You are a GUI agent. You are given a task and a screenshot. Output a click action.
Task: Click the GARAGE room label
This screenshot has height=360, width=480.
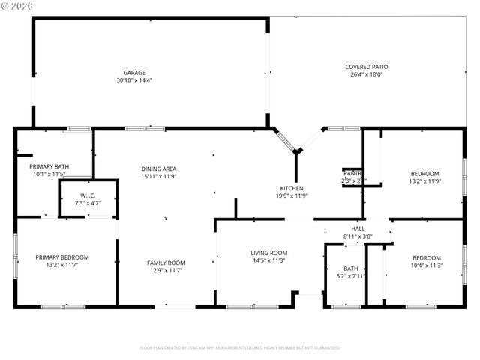[134, 73]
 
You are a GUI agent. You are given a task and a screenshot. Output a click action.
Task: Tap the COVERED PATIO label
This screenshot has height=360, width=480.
[367, 67]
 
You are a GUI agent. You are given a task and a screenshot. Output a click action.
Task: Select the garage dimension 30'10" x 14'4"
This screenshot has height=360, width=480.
[134, 80]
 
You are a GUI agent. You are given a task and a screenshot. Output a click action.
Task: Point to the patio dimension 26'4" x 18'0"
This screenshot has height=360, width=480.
[367, 74]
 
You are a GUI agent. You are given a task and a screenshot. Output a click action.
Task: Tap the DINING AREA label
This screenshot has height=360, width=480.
[159, 169]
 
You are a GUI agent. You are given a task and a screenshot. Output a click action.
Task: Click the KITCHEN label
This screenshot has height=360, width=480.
[292, 188]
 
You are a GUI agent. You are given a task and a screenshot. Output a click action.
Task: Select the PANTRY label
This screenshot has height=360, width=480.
[352, 173]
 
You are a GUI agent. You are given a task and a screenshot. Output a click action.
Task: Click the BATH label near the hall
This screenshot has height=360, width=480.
[351, 268]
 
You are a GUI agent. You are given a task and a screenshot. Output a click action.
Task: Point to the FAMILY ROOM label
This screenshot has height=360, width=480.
[166, 262]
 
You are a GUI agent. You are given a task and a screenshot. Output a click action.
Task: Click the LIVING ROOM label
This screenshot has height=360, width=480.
[269, 253]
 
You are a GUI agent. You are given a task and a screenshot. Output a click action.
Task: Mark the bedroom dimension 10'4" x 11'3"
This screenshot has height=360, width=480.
[425, 264]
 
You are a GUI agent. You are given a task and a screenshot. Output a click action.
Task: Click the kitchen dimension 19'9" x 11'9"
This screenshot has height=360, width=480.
[292, 196]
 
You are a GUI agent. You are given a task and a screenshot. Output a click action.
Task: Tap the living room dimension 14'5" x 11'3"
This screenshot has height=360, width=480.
[269, 261]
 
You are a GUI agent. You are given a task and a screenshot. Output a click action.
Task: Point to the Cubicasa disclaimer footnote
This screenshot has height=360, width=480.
[239, 347]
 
